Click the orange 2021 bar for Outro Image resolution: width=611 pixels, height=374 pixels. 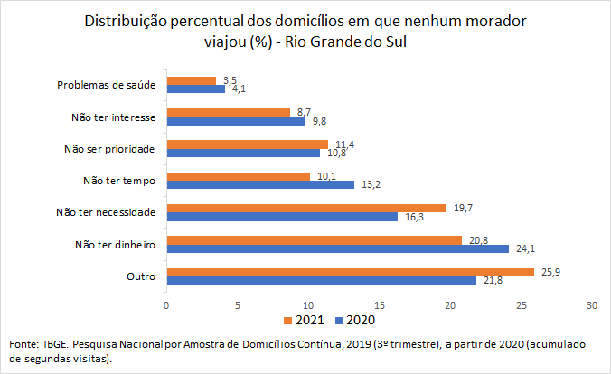click(x=350, y=272)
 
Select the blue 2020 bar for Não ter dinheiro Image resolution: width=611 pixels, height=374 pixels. click(x=337, y=248)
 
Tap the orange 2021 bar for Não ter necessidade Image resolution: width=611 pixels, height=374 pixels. click(x=305, y=208)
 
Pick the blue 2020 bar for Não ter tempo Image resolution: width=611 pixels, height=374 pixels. click(x=259, y=184)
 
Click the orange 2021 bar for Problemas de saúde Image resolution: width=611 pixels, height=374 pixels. click(x=191, y=80)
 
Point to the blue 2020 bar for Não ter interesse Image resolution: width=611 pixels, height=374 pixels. click(x=235, y=121)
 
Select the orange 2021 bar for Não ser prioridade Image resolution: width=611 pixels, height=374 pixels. click(x=247, y=144)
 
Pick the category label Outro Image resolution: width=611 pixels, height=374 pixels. click(x=142, y=276)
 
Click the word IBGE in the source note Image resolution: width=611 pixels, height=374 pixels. click(x=55, y=344)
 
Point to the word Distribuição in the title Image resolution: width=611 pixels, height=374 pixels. click(x=126, y=19)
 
